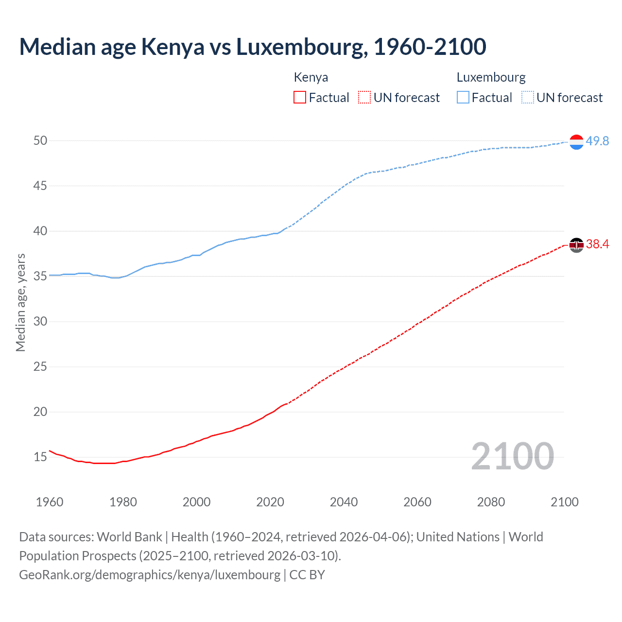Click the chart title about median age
coord(253,47)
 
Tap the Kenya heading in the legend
coord(311,77)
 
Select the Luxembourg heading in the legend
coord(491,77)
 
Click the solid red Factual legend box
coord(300,98)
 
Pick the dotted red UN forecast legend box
coord(364,98)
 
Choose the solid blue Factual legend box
coord(463,98)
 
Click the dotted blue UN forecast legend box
coord(528,98)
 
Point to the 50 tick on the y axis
coord(40,141)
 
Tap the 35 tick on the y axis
coord(40,276)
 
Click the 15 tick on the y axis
coord(40,457)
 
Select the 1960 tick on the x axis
coord(50,502)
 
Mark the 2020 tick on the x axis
coord(270,502)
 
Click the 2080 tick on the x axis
coord(491,502)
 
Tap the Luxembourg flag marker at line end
coord(576,142)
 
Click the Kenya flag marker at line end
coord(576,245)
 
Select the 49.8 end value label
coord(597,141)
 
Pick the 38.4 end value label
coord(597,244)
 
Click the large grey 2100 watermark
coord(512,456)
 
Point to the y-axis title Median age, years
coord(20,302)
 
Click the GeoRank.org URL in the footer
coord(150,575)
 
